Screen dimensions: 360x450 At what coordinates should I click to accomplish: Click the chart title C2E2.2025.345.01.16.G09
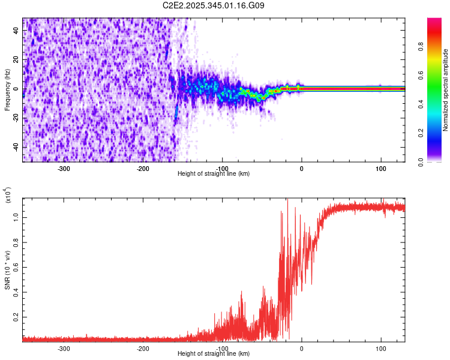tap(214, 5)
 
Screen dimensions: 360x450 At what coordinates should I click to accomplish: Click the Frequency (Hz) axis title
tap(7, 90)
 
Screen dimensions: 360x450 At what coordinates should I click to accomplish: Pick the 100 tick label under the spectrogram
tap(380, 168)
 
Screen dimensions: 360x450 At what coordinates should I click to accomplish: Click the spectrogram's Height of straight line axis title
tap(214, 174)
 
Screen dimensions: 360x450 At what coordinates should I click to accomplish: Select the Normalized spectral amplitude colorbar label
tap(446, 90)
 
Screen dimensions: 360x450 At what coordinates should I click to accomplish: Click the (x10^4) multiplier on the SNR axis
tap(8, 195)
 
